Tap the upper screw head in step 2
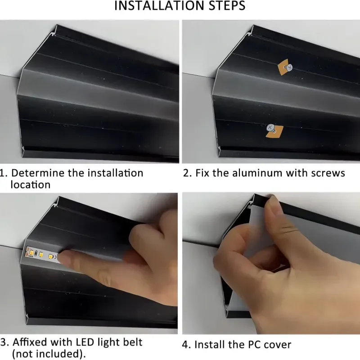(289, 67)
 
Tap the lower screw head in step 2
(270, 128)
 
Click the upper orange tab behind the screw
(282, 66)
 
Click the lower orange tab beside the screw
(277, 131)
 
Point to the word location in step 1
(30, 184)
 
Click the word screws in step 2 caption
(328, 173)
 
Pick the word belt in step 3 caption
(132, 342)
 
